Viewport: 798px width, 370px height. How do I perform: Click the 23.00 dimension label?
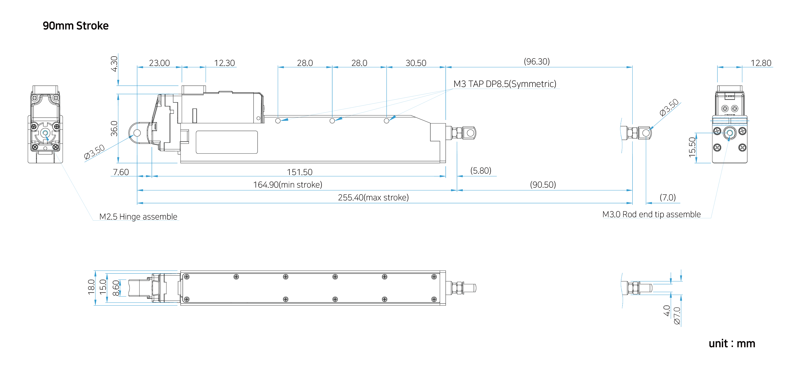click(160, 62)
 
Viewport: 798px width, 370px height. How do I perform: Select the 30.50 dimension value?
click(416, 62)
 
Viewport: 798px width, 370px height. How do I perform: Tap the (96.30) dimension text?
click(537, 62)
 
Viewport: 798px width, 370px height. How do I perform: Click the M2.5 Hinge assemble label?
click(138, 216)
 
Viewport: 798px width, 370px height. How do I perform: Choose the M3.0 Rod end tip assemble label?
click(651, 214)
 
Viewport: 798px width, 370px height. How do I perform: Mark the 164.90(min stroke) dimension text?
click(288, 185)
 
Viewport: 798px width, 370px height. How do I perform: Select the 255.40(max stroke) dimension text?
click(373, 198)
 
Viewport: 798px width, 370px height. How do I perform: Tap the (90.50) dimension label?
click(543, 185)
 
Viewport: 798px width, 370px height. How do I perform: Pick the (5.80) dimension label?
click(481, 171)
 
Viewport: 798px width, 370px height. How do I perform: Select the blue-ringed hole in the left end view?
click(45, 133)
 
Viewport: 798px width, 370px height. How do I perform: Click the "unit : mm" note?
click(732, 344)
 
